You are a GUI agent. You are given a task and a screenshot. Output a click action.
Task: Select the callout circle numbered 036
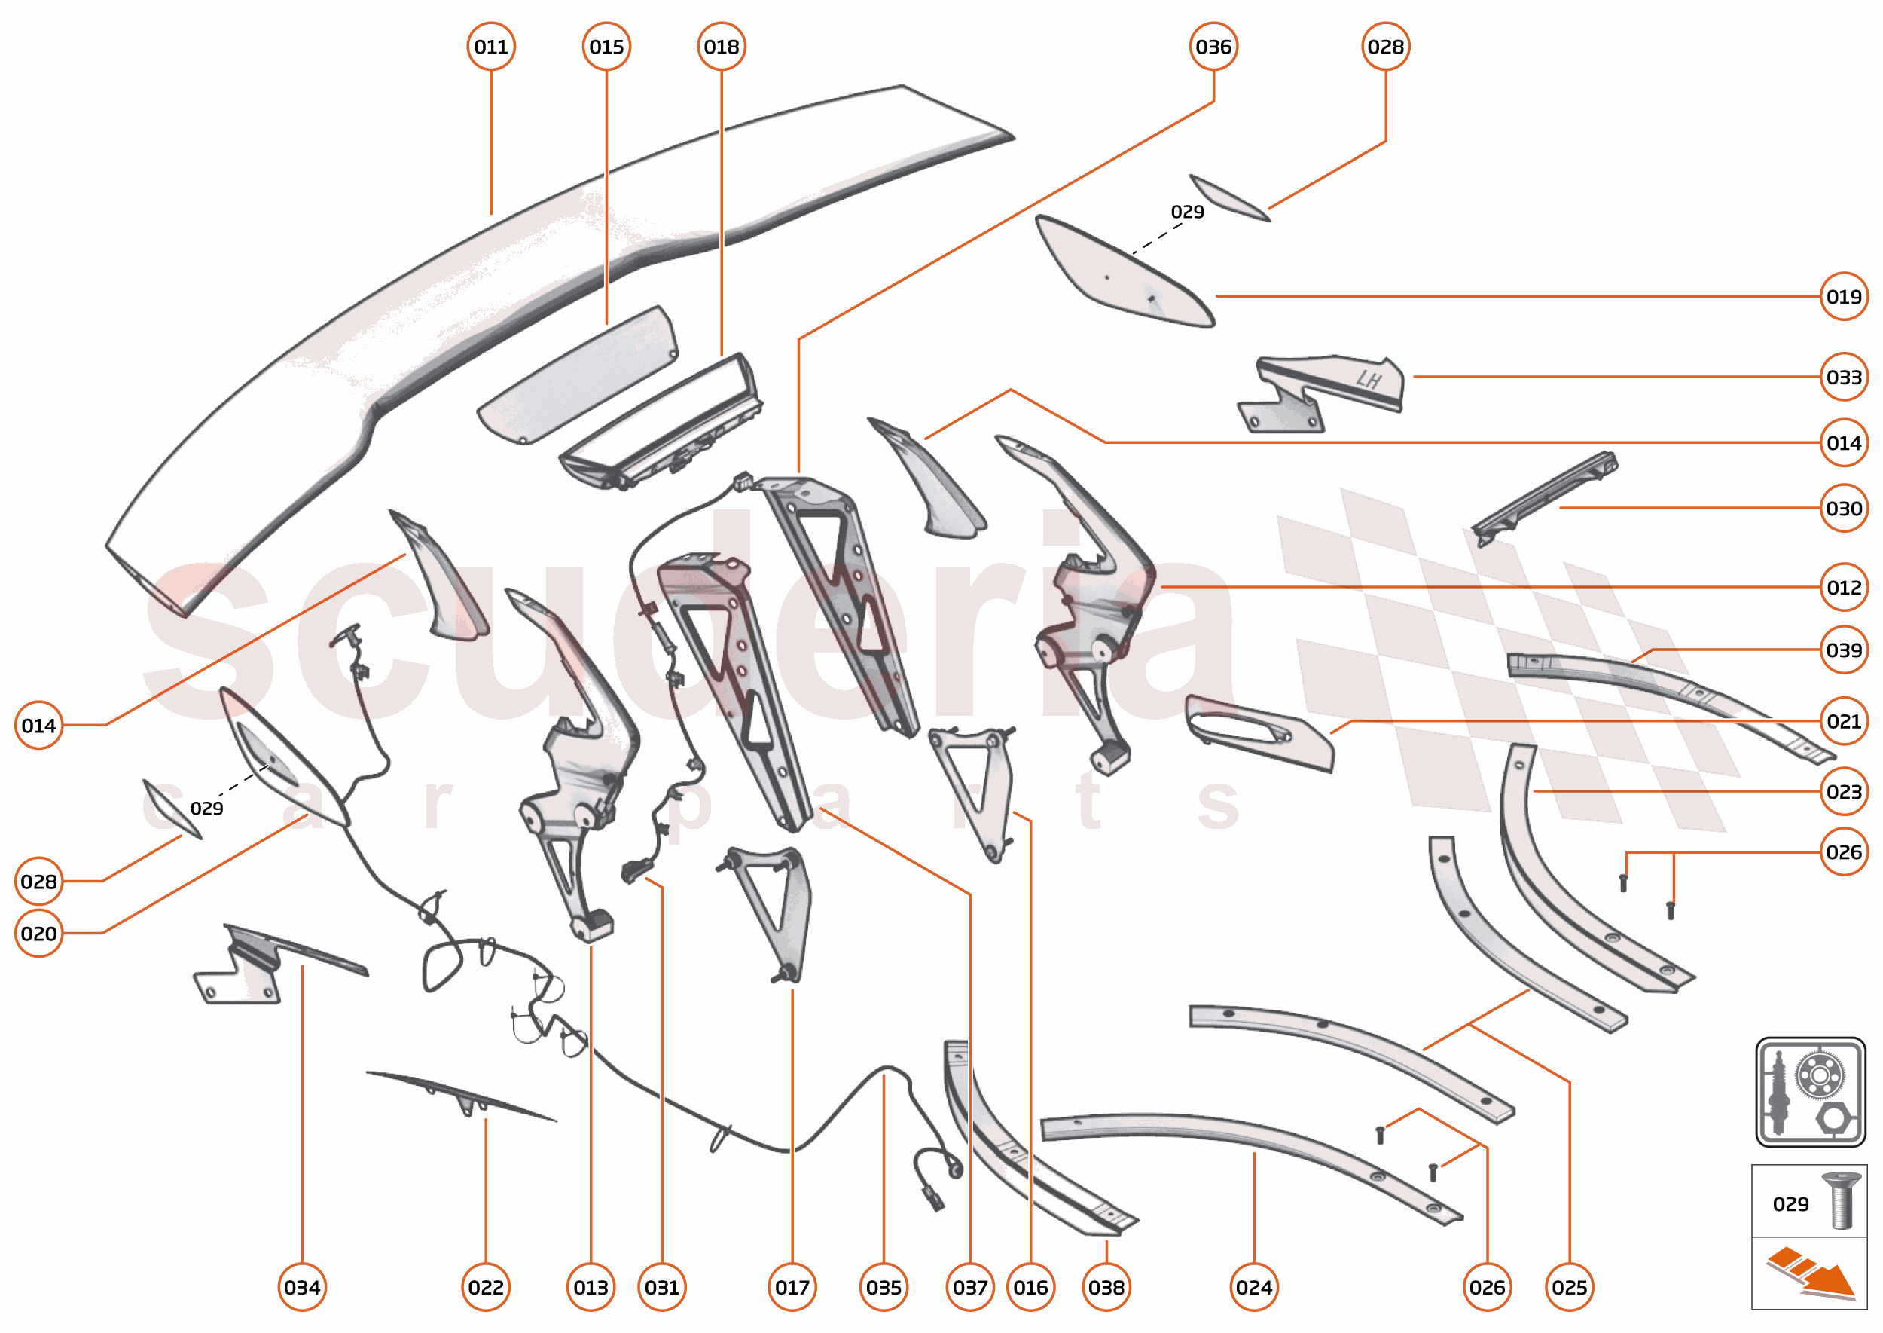click(1213, 47)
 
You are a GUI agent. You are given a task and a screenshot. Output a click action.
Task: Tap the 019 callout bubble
click(1843, 296)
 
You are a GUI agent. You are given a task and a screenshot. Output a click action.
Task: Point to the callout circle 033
click(1843, 377)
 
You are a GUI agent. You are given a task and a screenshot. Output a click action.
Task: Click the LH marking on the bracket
click(1368, 379)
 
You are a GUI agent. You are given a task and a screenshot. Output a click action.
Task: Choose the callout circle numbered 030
click(1843, 508)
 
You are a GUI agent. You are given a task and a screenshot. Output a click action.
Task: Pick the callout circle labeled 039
click(1843, 650)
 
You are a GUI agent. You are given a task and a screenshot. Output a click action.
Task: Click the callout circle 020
click(38, 934)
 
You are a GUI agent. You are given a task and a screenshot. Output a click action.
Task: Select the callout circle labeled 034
click(302, 1287)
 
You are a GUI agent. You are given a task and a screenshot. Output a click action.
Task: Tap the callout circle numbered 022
click(486, 1287)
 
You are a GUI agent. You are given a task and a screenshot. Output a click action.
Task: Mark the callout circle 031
click(661, 1287)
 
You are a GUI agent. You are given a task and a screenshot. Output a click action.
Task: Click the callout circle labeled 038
click(1106, 1287)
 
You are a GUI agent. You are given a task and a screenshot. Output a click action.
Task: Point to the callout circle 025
click(1569, 1287)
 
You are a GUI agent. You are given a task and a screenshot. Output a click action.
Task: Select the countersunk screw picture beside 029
click(1840, 1201)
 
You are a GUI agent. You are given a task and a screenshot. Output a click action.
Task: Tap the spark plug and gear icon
click(1810, 1091)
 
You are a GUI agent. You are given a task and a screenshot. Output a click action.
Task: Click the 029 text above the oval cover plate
click(1186, 212)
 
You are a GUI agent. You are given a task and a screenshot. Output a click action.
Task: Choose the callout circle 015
click(606, 47)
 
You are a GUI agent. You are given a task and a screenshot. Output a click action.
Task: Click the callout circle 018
click(722, 47)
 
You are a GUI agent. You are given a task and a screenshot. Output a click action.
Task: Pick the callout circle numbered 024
click(1253, 1287)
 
